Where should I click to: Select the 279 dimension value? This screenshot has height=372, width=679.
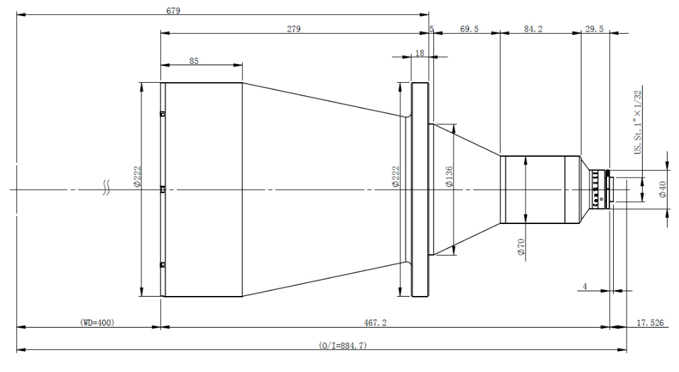click(293, 29)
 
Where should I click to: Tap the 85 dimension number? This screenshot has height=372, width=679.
click(194, 61)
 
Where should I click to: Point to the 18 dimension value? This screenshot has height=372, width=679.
click(420, 52)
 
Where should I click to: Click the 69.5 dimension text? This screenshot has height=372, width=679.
click(470, 29)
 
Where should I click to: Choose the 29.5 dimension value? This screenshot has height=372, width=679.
click(595, 29)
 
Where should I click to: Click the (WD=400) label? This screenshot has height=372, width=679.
click(97, 323)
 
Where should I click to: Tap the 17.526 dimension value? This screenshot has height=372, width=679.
click(650, 323)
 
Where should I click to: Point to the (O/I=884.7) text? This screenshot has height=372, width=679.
click(343, 345)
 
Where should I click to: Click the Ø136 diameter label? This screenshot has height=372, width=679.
click(448, 176)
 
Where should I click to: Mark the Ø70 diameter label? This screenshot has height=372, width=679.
click(520, 247)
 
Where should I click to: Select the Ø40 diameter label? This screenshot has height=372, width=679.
click(662, 190)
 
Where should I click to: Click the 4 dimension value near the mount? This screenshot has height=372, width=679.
click(585, 287)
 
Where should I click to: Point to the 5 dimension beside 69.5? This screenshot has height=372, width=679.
click(431, 29)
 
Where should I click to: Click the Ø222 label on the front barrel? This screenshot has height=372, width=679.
click(137, 176)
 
